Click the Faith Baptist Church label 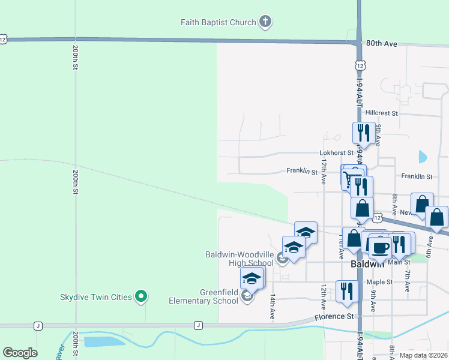tap(218, 23)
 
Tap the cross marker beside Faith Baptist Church tap(265, 23)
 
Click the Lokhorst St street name tap(337, 153)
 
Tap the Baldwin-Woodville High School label tap(239, 259)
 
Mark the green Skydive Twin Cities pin tap(141, 296)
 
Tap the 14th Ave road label tap(273, 306)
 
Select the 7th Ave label tap(408, 281)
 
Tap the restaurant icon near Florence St tap(347, 291)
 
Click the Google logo tap(20, 353)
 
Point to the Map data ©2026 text tap(422, 355)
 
